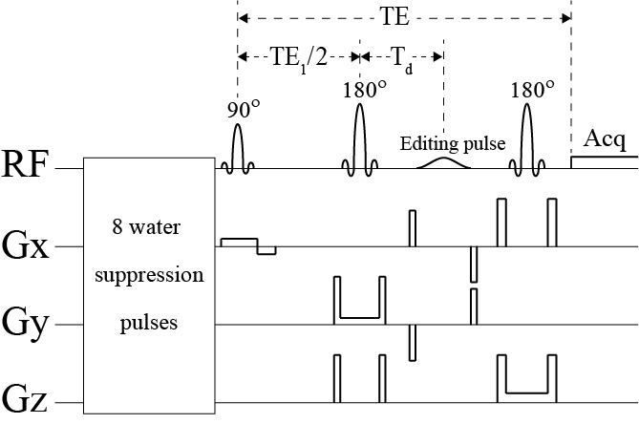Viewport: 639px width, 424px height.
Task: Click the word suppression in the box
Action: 147,277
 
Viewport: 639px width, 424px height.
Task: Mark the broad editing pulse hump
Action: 444,163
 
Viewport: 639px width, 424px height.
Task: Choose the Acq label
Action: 604,142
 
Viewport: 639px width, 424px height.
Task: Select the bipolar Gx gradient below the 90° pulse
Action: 248,245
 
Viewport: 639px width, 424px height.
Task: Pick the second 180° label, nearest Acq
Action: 532,91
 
